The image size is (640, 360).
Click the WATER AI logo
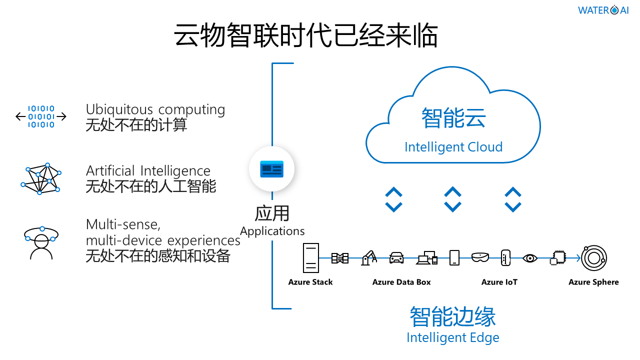point(603,10)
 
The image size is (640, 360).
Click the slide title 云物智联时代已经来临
point(306,35)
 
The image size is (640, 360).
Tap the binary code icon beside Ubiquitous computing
point(41,116)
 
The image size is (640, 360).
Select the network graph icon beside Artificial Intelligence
point(41,178)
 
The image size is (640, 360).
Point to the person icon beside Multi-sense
point(41,243)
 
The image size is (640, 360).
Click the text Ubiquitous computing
point(155,109)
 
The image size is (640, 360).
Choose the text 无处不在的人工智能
point(150,186)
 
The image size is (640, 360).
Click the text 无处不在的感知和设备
point(157,255)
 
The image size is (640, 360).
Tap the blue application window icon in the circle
point(271,169)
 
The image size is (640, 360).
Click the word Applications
point(272,231)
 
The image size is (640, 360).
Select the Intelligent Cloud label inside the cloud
point(453,147)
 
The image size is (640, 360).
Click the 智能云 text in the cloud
point(453,118)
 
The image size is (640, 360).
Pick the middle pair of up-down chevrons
point(452,199)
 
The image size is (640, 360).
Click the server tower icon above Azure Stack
point(310,257)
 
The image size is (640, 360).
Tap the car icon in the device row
point(396,257)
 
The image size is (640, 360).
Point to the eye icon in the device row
point(529,258)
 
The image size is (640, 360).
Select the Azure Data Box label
point(401,282)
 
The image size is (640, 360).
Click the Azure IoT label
point(499,282)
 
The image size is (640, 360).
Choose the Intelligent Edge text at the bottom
point(452,337)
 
